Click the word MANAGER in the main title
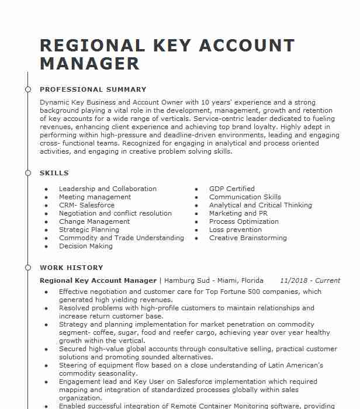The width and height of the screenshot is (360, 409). point(89,63)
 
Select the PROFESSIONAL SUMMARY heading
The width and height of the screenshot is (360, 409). point(93,89)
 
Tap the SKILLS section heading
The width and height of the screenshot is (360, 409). point(54,173)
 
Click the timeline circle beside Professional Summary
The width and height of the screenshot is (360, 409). point(27,89)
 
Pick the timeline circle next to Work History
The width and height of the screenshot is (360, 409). point(27,268)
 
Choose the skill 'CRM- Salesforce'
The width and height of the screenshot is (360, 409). point(86,205)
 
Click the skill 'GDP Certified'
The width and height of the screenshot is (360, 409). point(232,189)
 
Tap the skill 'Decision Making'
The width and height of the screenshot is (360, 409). point(85,246)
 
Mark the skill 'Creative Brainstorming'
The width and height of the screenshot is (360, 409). point(248,238)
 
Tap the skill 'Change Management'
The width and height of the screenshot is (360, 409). point(94,221)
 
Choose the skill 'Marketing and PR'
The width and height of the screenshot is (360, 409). point(238,213)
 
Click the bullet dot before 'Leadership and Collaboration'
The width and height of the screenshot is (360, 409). point(46,189)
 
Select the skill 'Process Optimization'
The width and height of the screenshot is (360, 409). point(244,221)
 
